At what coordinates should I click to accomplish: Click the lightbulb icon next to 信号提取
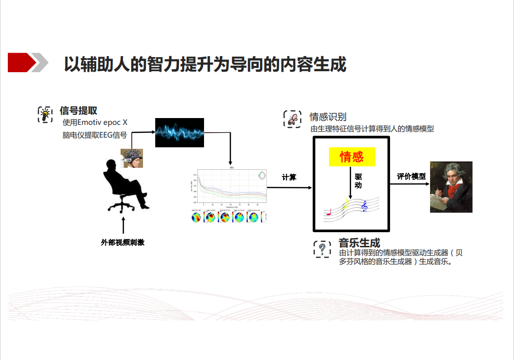coord(45,114)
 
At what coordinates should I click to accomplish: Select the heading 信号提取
coord(78,111)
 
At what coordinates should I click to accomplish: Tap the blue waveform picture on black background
coord(179,132)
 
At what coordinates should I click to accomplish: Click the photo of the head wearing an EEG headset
coord(132,158)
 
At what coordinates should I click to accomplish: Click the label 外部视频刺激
coord(123,242)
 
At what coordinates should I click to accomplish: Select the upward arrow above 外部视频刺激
coord(123,225)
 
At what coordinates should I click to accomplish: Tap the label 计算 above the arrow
coord(289,178)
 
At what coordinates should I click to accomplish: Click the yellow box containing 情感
coord(352,157)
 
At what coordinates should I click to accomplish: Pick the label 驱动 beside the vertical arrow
coord(358,180)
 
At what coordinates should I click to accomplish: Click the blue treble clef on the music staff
coord(364,207)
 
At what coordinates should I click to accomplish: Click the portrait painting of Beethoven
coord(451,187)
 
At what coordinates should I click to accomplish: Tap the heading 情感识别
coord(328,117)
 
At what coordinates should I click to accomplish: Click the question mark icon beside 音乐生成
coord(322,249)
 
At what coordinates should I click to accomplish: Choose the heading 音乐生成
coord(359,242)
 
